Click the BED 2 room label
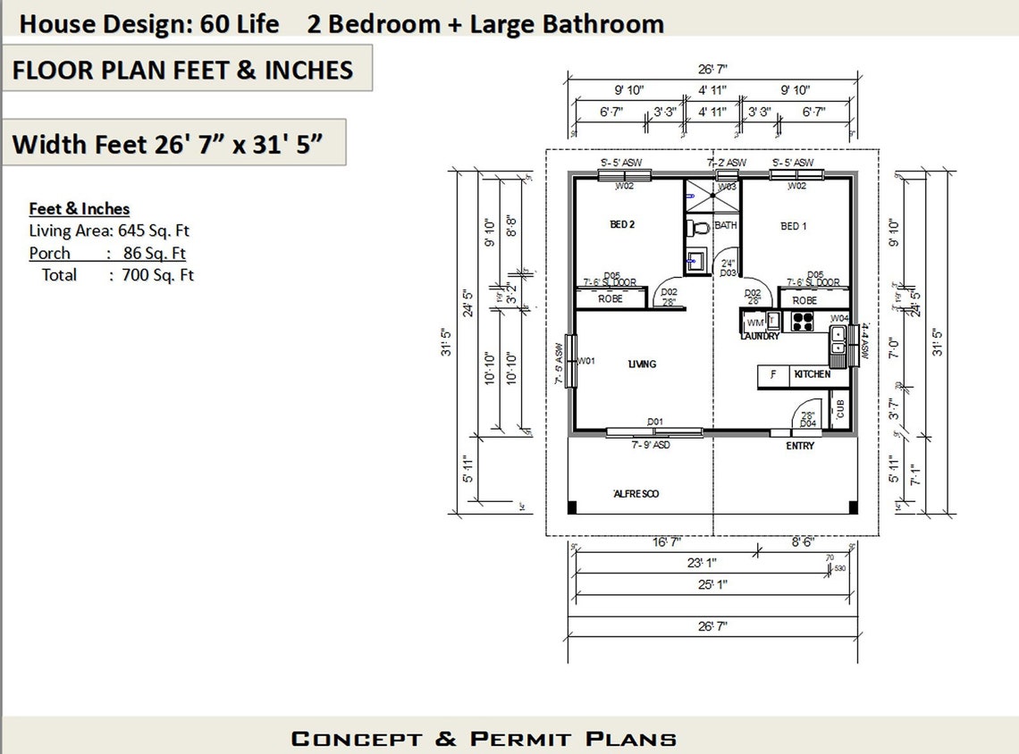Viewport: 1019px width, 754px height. click(622, 225)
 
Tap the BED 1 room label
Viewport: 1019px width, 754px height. click(794, 226)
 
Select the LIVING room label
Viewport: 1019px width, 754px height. click(642, 364)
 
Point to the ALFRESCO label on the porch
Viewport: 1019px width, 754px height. click(636, 494)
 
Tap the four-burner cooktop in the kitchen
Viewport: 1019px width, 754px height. click(802, 321)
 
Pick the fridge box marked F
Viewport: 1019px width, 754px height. click(773, 374)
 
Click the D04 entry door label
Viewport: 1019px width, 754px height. click(807, 423)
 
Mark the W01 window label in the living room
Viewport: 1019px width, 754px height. click(586, 361)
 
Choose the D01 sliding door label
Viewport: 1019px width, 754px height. click(655, 422)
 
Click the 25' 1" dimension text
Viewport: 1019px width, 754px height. click(712, 584)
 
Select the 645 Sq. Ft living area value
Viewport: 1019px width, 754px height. click(154, 231)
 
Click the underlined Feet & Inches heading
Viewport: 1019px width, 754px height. click(80, 209)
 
